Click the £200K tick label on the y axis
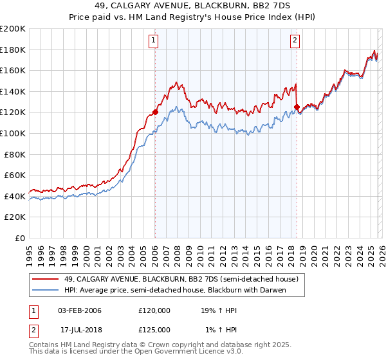tap(12, 29)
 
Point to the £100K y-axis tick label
tap(12, 133)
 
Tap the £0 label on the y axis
tap(19, 238)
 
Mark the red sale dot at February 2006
tap(155, 113)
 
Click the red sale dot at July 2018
tap(297, 107)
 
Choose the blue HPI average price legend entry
tap(174, 290)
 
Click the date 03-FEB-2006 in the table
tap(80, 310)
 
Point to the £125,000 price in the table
tap(154, 330)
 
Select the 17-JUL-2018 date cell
tap(80, 330)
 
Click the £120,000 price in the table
tap(154, 310)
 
